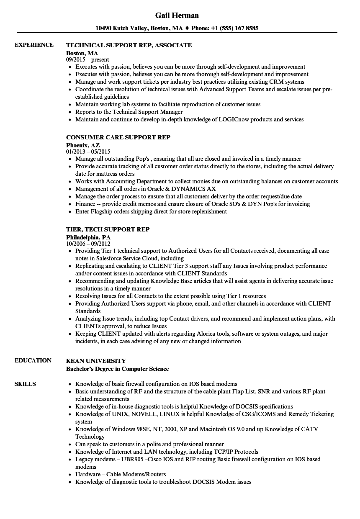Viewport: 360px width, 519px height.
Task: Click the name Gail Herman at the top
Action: (x=177, y=15)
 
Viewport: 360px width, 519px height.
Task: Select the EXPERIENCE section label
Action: (x=34, y=45)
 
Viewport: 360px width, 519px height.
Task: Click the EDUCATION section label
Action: (x=33, y=360)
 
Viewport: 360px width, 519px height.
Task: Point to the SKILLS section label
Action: (x=25, y=384)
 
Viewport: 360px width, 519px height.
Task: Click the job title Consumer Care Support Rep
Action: (x=118, y=137)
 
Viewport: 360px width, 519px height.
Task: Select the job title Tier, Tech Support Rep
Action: (x=108, y=229)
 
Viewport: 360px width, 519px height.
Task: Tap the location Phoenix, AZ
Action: (x=83, y=145)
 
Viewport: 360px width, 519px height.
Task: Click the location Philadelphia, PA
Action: (x=88, y=237)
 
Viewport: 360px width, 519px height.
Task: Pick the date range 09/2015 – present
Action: (x=87, y=59)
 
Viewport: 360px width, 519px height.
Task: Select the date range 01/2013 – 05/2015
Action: (x=88, y=152)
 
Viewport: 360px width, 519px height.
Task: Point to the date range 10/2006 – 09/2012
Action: (x=88, y=244)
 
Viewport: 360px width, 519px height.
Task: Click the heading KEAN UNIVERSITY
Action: (x=96, y=360)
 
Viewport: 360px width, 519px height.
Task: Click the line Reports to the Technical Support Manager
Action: (x=129, y=112)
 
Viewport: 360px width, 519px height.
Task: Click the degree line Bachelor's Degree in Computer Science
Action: (x=118, y=369)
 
